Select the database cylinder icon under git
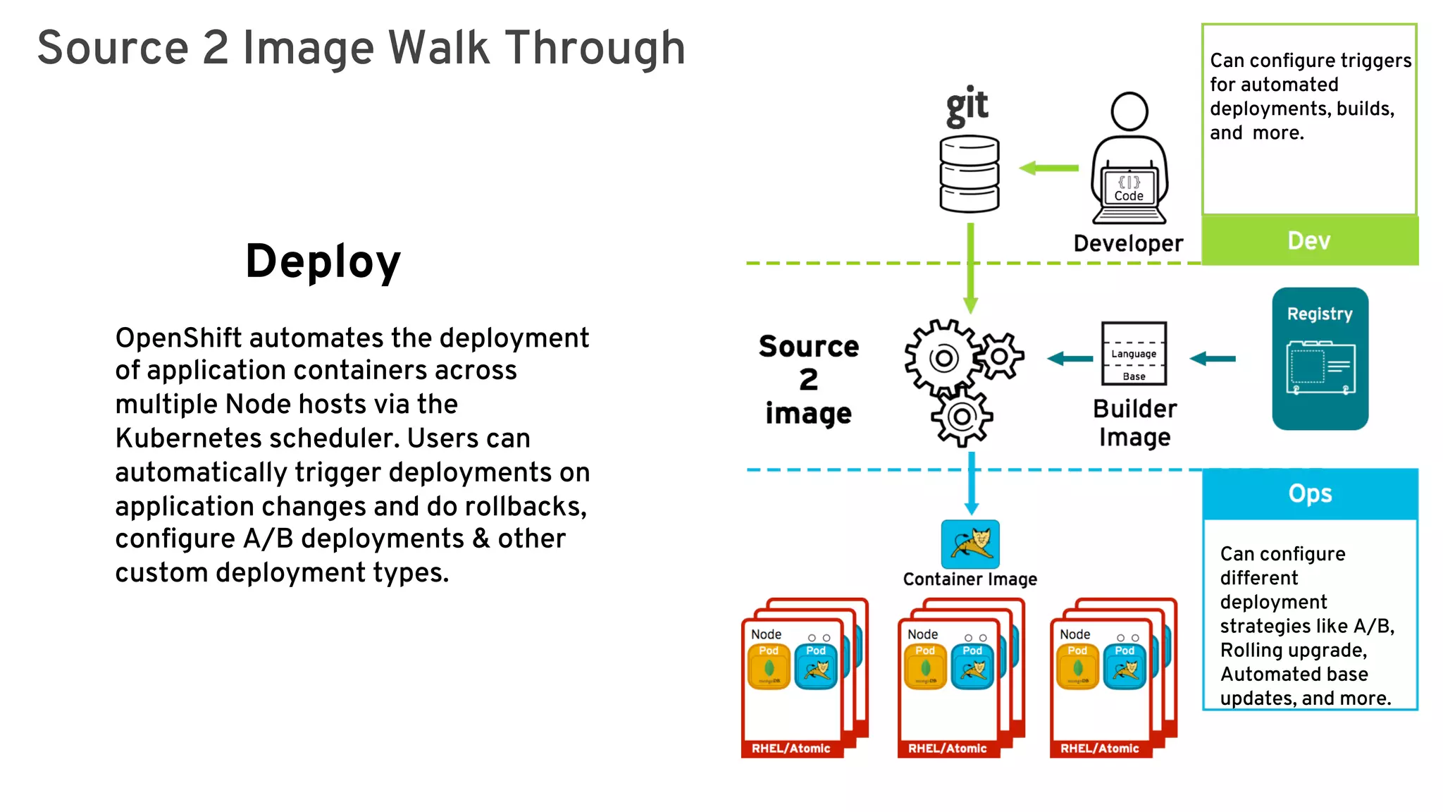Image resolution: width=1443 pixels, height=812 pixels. (970, 174)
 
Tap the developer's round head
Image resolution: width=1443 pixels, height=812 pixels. (1129, 111)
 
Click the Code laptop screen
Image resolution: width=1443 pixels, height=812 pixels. (1129, 187)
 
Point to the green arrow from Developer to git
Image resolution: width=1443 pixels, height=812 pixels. (1049, 168)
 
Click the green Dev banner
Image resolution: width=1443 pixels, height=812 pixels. (1309, 241)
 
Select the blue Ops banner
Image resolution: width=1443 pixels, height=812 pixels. (1309, 493)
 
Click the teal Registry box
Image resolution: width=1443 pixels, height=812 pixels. (1320, 359)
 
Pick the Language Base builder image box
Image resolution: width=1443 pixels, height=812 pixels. (1134, 354)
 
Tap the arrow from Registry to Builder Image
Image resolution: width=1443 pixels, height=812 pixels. (1213, 359)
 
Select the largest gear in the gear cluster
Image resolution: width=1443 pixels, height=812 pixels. (943, 358)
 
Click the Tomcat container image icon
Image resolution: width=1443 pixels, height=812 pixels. (970, 543)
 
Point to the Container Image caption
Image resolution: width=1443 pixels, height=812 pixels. (970, 579)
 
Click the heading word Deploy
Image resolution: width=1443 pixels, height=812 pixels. (323, 262)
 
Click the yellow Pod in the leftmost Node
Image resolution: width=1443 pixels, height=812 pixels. (769, 666)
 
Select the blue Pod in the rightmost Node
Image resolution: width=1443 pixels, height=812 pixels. (1125, 666)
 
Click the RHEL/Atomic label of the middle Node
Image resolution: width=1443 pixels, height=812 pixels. (947, 749)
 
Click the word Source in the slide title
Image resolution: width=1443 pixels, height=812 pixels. (113, 48)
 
